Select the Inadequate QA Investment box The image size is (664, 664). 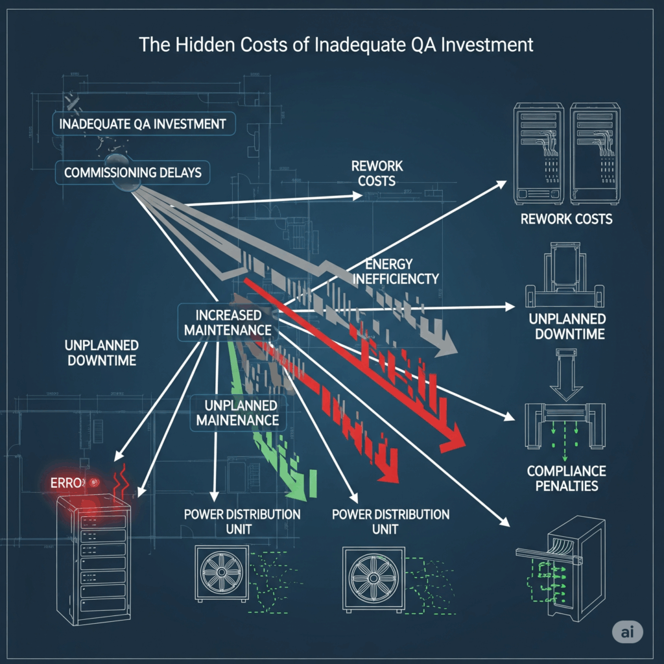point(142,123)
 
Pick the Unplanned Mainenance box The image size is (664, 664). point(237,412)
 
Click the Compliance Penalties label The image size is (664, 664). point(566,478)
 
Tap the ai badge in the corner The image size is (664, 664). point(627,632)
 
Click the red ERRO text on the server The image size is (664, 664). point(68,483)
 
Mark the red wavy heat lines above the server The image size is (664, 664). point(122,480)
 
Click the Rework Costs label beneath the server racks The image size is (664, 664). point(566,219)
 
